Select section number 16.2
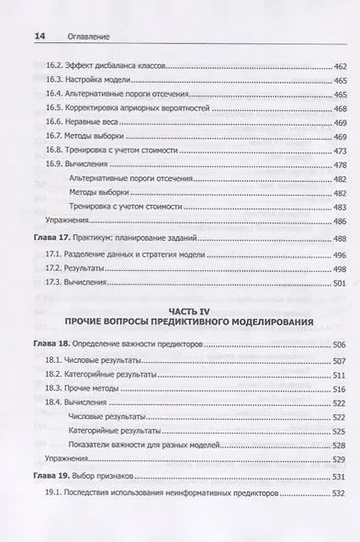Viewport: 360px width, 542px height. [x=54, y=67]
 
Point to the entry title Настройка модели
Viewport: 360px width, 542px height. [x=98, y=81]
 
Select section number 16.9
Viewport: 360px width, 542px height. [x=54, y=164]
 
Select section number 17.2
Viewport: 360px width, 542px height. [x=54, y=269]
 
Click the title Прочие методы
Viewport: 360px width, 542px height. [x=92, y=390]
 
